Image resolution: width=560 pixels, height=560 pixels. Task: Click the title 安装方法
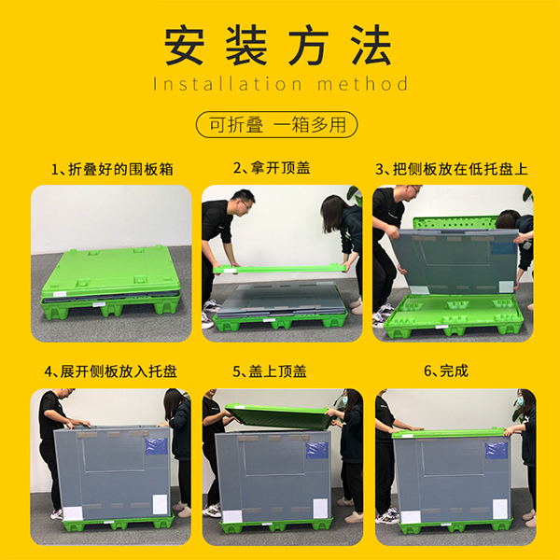coord(279,44)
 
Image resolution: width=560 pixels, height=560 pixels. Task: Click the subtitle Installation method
coord(280,85)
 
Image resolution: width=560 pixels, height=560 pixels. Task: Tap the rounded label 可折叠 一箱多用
coord(279,124)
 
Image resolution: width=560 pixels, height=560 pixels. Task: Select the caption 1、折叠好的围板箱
coord(112,170)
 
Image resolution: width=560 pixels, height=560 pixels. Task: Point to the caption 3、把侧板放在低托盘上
coord(452,170)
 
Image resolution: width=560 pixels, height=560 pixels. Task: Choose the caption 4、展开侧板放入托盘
coord(110,371)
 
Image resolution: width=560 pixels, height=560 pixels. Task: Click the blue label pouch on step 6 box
coord(495,450)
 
